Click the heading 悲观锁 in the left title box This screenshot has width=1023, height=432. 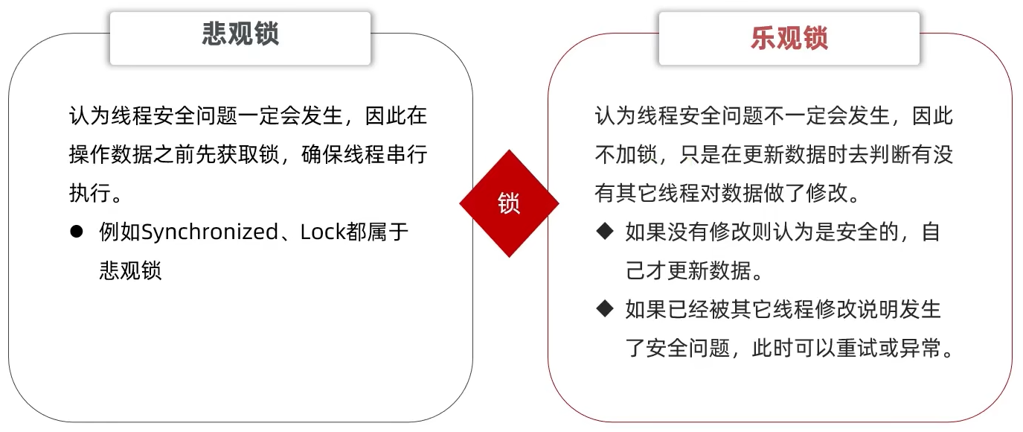click(x=240, y=35)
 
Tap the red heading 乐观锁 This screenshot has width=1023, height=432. click(x=789, y=37)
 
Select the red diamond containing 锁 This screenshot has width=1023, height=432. click(x=509, y=203)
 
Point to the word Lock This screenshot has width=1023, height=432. click(x=323, y=232)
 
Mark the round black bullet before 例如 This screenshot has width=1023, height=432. click(x=76, y=232)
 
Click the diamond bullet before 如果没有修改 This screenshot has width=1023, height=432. click(x=603, y=232)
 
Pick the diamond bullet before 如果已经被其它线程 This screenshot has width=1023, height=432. click(x=603, y=308)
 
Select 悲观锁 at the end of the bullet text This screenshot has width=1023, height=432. click(x=130, y=270)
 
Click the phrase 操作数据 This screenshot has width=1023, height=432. click(x=110, y=154)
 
